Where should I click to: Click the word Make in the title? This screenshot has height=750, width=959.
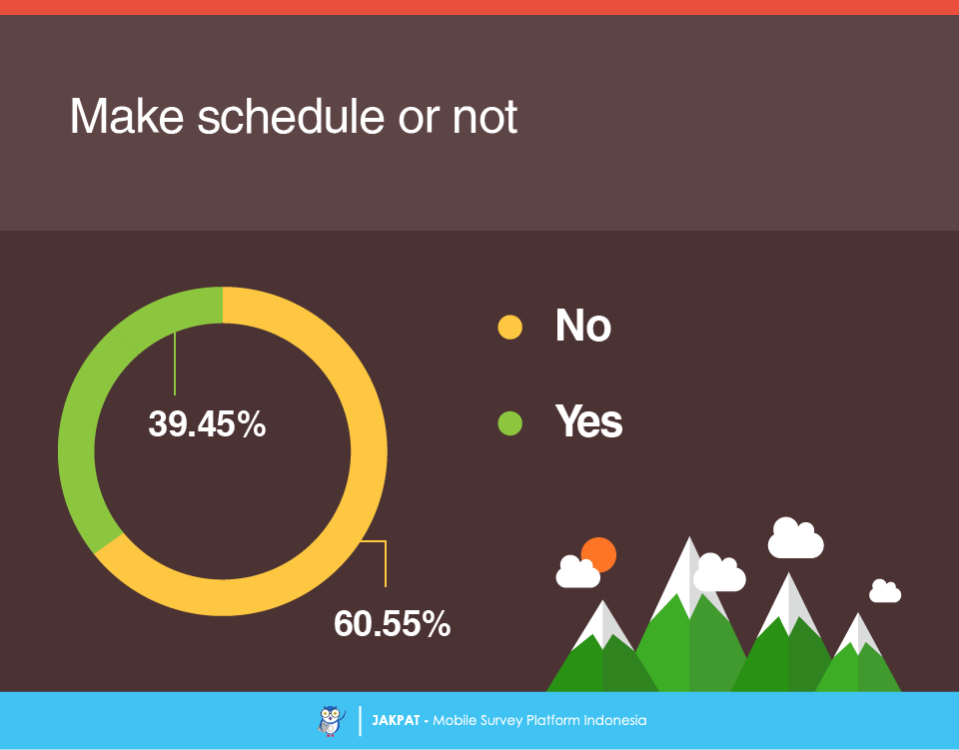pos(127,116)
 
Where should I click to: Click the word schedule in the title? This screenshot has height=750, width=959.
pos(291,116)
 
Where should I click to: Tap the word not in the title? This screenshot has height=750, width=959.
pos(484,117)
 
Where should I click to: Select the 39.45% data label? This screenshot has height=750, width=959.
pos(208,423)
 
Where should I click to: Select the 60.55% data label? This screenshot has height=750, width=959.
pos(392,624)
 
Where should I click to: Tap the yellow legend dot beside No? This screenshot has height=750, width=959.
pos(509,327)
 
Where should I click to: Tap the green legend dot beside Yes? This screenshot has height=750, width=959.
pos(509,423)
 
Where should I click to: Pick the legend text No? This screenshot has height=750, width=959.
pos(582,326)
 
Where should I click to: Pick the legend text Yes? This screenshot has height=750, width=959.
pos(588,421)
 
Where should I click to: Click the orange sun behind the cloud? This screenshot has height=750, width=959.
pos(599,553)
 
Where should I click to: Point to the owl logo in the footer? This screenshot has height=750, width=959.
pos(331,721)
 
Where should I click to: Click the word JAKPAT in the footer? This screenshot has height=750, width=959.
pos(396,721)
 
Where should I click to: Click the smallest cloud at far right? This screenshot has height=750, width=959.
pos(885,591)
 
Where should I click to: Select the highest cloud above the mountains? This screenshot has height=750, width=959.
pos(795,538)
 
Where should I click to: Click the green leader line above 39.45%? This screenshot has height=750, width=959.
pos(175,364)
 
